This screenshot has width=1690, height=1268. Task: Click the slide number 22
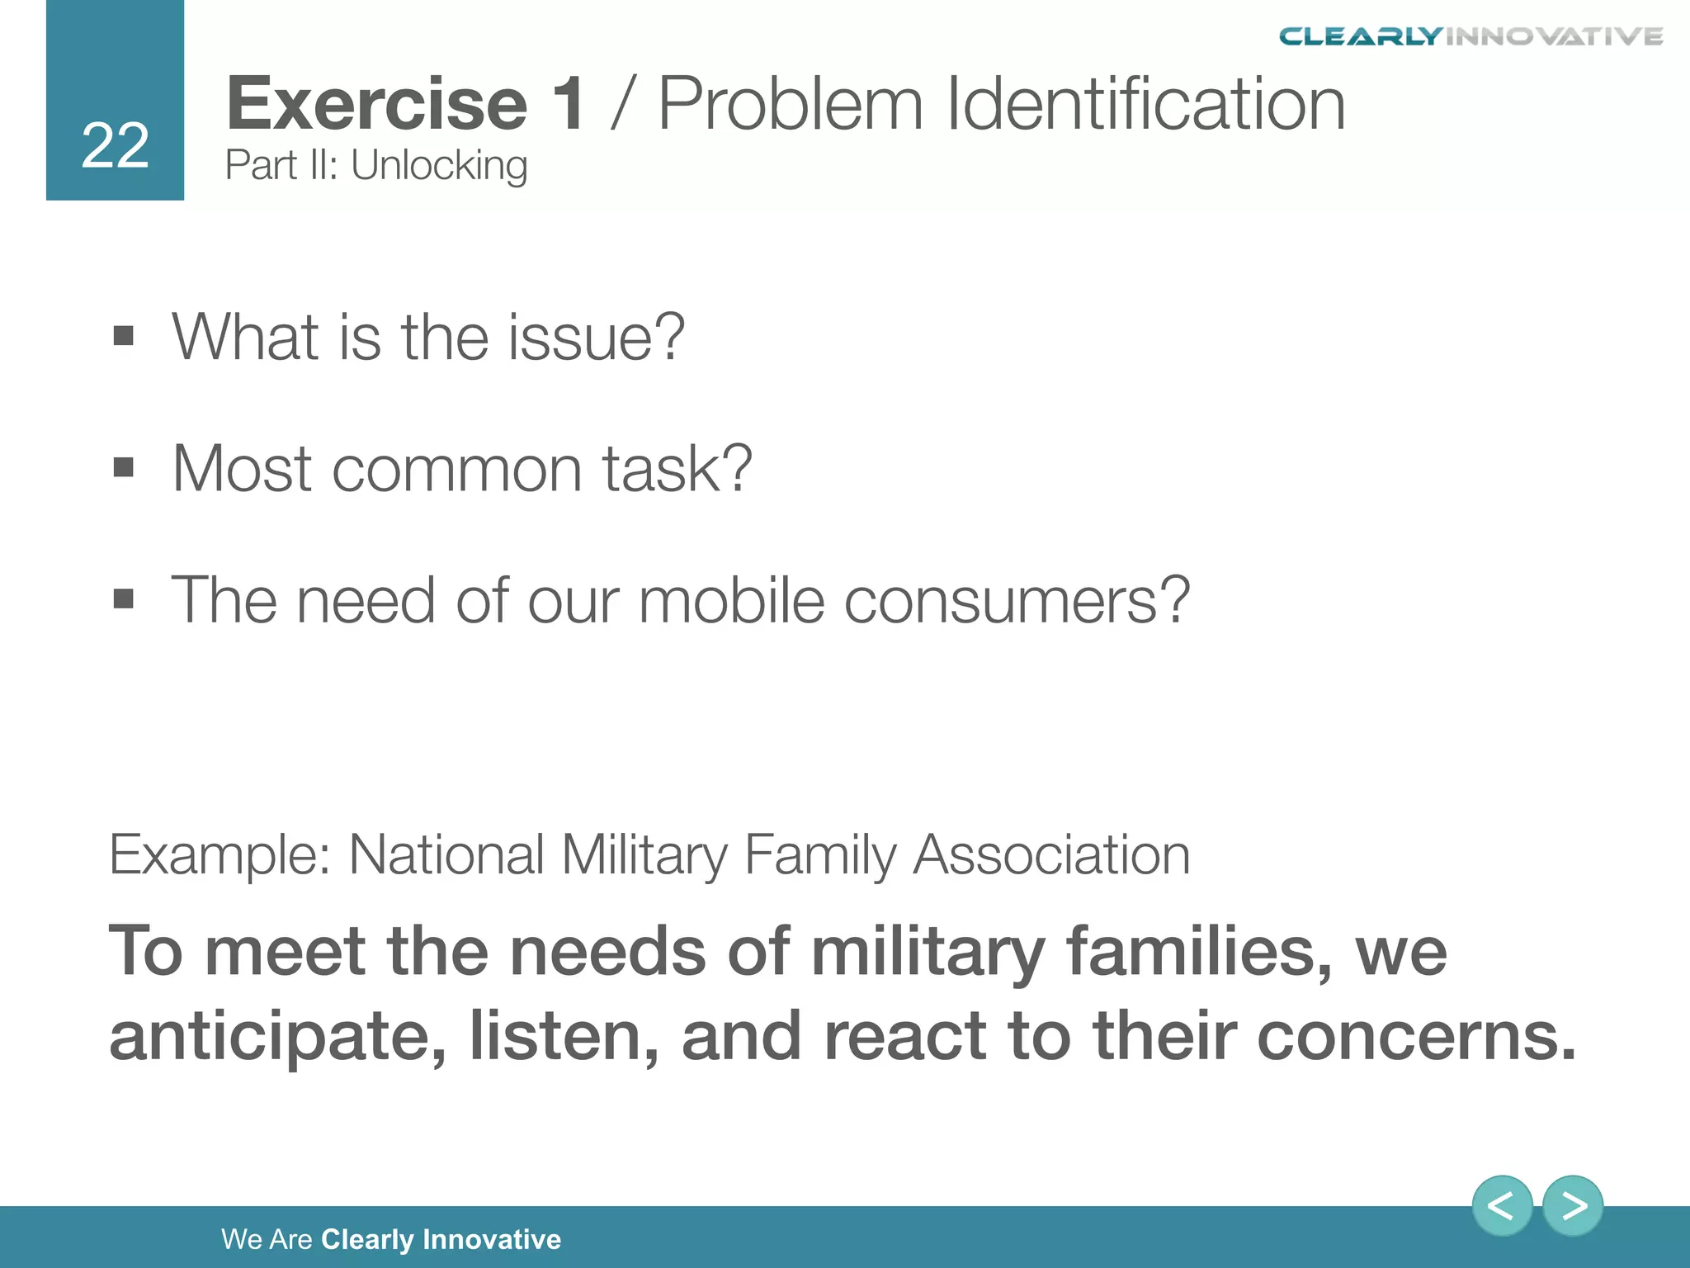(115, 146)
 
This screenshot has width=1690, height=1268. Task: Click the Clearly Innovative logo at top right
(1470, 36)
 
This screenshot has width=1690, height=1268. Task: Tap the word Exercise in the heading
(376, 104)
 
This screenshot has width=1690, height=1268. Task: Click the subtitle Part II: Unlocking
(375, 165)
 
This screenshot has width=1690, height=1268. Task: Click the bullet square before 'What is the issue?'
(124, 336)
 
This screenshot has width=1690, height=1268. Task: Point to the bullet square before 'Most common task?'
(124, 467)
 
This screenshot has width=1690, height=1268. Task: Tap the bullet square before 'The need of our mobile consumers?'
(124, 599)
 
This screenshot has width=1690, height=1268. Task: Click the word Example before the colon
(216, 854)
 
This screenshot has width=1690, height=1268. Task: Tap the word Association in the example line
(1051, 854)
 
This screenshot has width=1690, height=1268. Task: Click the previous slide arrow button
(1502, 1206)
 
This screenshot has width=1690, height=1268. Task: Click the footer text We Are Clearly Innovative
(391, 1239)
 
